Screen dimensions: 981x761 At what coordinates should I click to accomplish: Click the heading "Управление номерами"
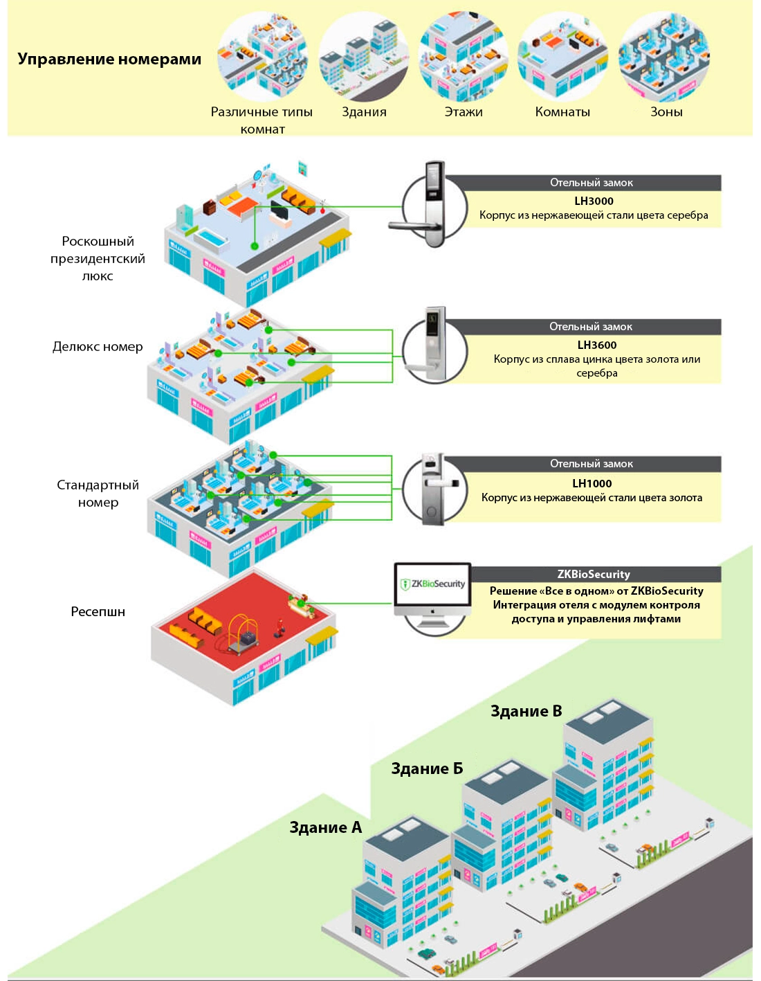point(109,60)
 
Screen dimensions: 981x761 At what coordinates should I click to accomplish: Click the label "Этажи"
point(464,112)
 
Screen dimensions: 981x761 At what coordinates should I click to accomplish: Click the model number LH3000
point(594,201)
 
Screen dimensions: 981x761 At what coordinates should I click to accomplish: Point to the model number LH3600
point(597,345)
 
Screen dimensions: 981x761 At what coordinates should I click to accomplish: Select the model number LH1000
point(592,483)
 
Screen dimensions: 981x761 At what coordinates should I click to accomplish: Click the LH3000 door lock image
point(429,206)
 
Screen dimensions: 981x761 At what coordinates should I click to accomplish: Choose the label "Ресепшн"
point(98,612)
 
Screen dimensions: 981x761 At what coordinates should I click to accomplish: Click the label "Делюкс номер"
point(98,347)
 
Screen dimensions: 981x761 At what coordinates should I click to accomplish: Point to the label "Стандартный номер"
point(98,494)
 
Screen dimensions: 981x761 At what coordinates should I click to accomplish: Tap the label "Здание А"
point(325,828)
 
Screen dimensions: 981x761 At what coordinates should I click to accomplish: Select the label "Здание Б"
point(427,769)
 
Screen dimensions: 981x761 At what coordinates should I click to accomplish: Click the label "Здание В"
point(526,712)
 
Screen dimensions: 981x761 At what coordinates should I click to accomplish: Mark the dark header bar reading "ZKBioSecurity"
point(594,575)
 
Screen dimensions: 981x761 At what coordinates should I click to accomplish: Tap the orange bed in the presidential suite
point(241,208)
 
